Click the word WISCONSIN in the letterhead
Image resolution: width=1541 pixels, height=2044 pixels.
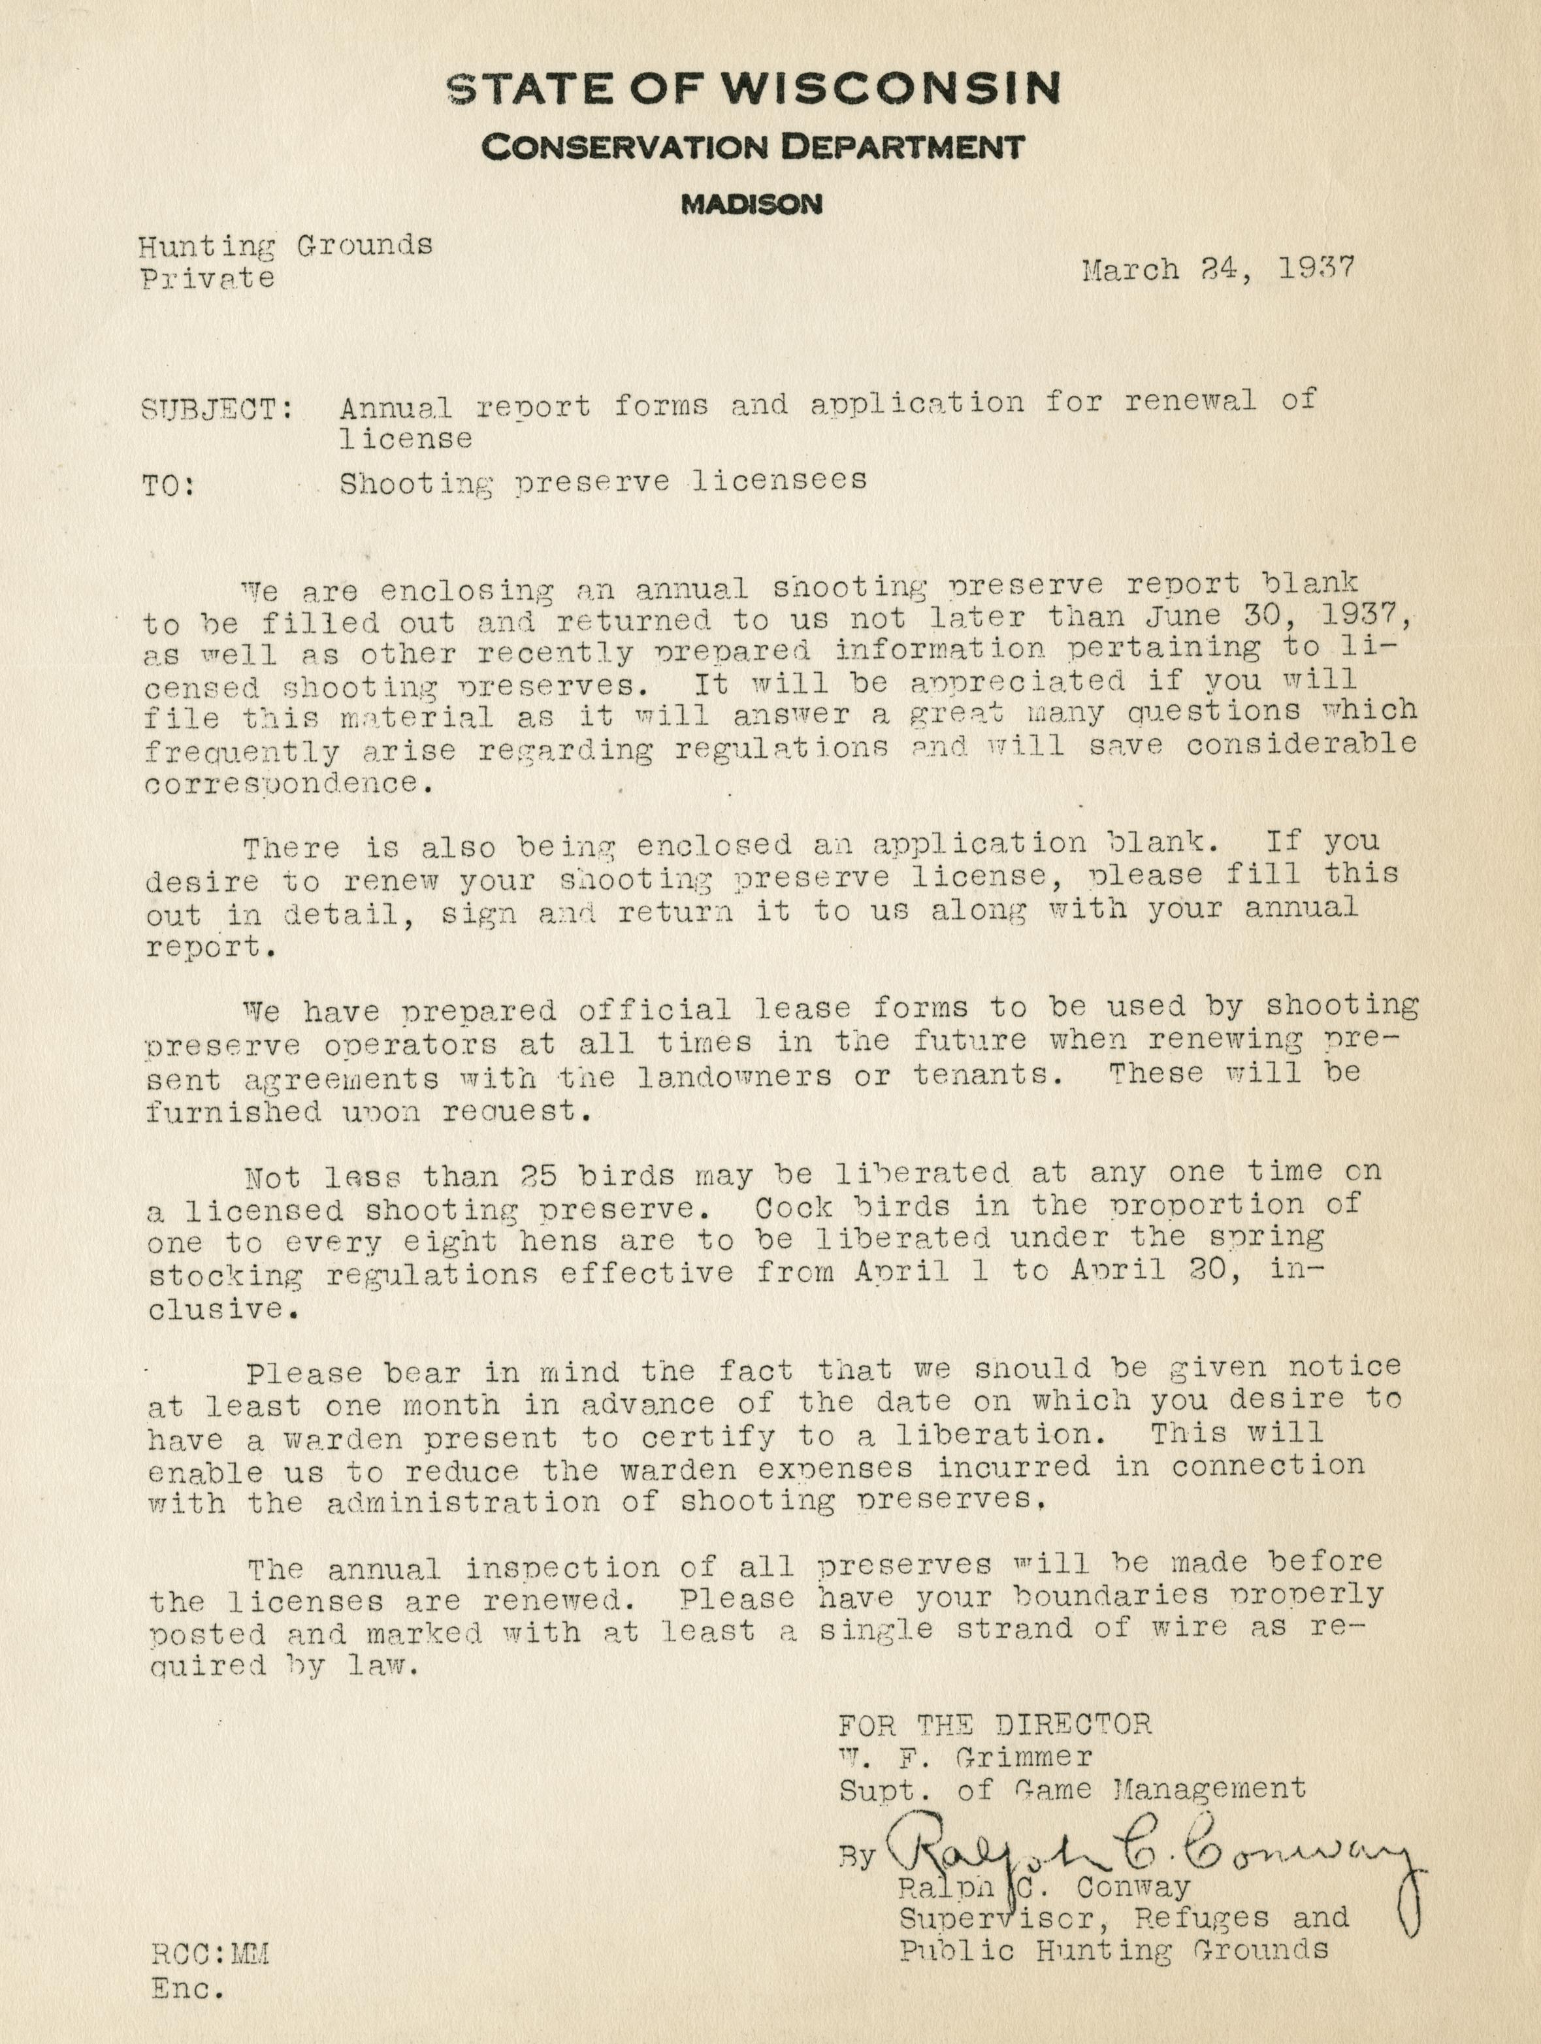tap(890, 88)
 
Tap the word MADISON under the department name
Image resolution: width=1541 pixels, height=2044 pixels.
tap(751, 205)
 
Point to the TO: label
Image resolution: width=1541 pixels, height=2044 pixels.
tap(169, 486)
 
